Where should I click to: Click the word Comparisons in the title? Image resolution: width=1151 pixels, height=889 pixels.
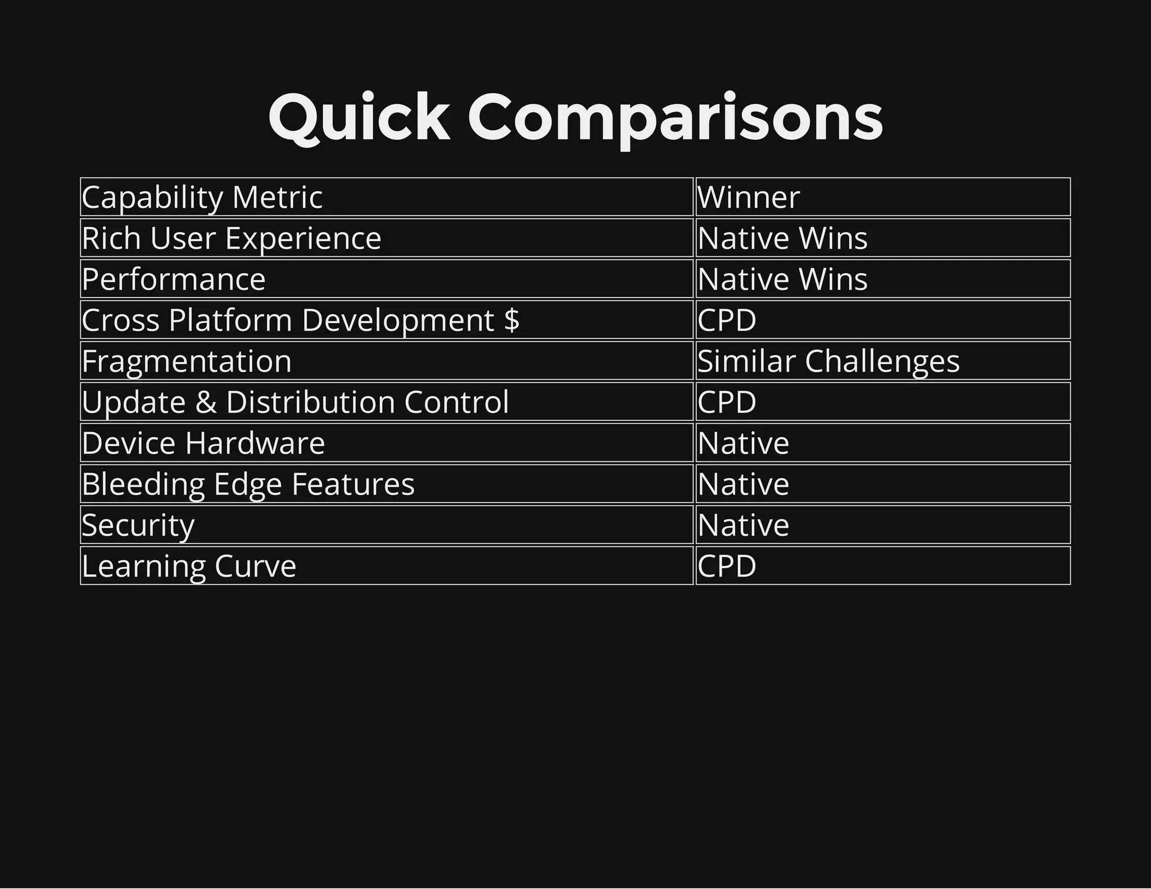coord(675,119)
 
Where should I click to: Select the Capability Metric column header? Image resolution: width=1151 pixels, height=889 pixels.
coord(202,197)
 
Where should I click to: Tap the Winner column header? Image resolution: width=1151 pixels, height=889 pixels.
coord(748,197)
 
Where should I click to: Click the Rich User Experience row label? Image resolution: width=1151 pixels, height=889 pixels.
coord(232,238)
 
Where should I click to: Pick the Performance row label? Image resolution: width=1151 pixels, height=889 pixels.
coord(174,279)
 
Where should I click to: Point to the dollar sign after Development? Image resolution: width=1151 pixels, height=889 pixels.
coord(512,320)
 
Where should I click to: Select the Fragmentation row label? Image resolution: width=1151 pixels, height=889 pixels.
coord(187,361)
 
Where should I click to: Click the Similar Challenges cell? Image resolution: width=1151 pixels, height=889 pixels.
coord(828,361)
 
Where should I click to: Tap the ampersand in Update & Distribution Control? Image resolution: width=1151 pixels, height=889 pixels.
coord(206,402)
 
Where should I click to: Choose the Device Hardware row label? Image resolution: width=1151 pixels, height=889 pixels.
coord(203,443)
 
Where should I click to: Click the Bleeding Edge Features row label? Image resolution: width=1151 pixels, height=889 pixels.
coord(248,484)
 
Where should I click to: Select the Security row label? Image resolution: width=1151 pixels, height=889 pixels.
coord(138,525)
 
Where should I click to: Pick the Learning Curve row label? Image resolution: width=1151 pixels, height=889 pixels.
coord(189,566)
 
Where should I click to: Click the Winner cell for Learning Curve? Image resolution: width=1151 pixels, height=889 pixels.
coord(727,566)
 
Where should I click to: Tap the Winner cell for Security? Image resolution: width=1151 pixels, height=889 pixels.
coord(743,525)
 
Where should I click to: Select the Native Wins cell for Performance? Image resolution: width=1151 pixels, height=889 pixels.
coord(782,279)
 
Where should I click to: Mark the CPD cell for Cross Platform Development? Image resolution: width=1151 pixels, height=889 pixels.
coord(727,320)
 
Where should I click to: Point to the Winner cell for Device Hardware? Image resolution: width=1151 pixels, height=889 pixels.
coord(743,443)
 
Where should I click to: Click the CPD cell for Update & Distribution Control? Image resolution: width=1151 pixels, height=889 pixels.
coord(727,402)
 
